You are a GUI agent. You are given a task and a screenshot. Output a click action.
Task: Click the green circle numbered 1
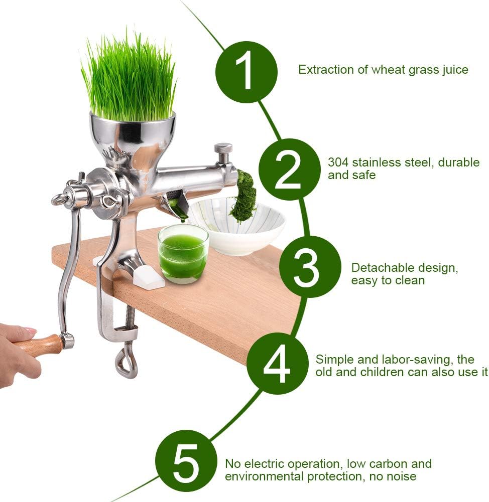point(246,72)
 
